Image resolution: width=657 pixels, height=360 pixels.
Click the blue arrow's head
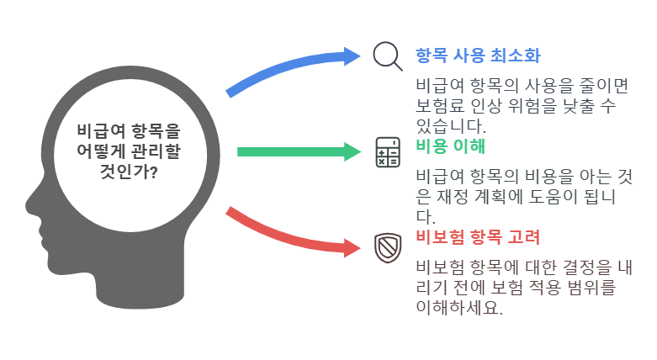[352, 56]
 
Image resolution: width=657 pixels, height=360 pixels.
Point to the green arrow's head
[352, 152]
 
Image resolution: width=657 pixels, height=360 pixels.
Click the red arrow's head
[352, 247]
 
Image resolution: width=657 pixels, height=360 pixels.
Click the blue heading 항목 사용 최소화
[477, 56]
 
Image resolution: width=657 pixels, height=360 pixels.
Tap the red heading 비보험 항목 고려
[477, 237]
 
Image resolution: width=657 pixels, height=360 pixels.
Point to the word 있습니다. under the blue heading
[451, 127]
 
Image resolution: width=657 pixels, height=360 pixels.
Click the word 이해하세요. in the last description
[459, 308]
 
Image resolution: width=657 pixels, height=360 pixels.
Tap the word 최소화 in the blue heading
[516, 56]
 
